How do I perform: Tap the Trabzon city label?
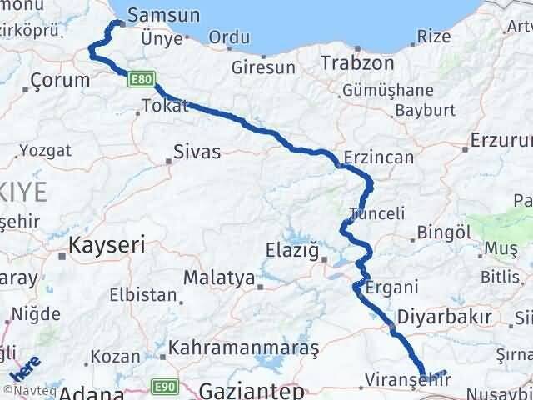coord(357,62)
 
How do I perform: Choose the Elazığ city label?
coord(291,248)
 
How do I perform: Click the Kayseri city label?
coord(107,245)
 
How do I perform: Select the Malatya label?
coord(219,277)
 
